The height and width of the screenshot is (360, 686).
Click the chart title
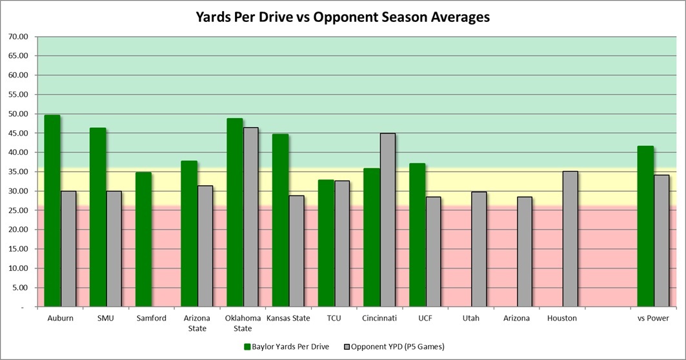coord(343,17)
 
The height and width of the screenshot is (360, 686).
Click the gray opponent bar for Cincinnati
coord(388,220)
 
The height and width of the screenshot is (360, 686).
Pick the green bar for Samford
coord(143,239)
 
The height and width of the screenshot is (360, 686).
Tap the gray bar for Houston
coord(570,239)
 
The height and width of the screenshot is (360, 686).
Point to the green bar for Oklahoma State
coord(234,213)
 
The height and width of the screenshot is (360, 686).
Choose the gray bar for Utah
coord(479,249)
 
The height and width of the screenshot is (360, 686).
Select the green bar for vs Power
coord(645,226)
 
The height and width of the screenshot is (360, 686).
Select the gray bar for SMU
coord(114,249)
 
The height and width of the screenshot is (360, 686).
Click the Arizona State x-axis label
coord(197,323)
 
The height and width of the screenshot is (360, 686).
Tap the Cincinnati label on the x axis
coord(379,318)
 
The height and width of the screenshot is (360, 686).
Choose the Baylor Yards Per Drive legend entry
coord(287,346)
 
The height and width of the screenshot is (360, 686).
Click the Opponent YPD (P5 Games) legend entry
coord(396,346)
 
